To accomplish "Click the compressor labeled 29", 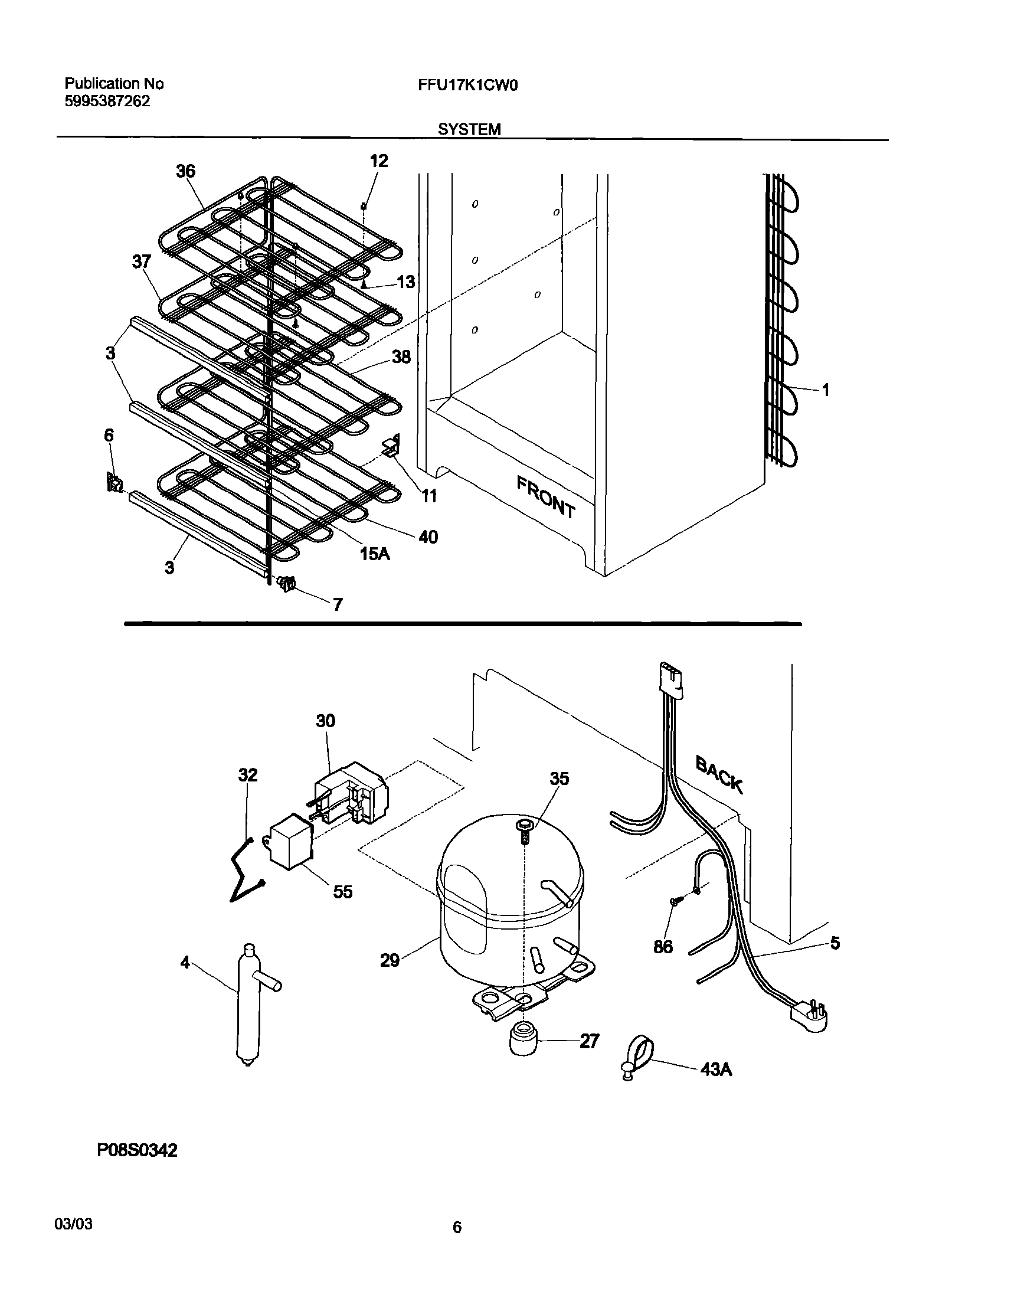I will pos(511,905).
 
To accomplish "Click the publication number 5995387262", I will pos(107,101).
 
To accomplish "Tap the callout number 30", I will pos(326,721).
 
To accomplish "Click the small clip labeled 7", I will pos(286,584).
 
